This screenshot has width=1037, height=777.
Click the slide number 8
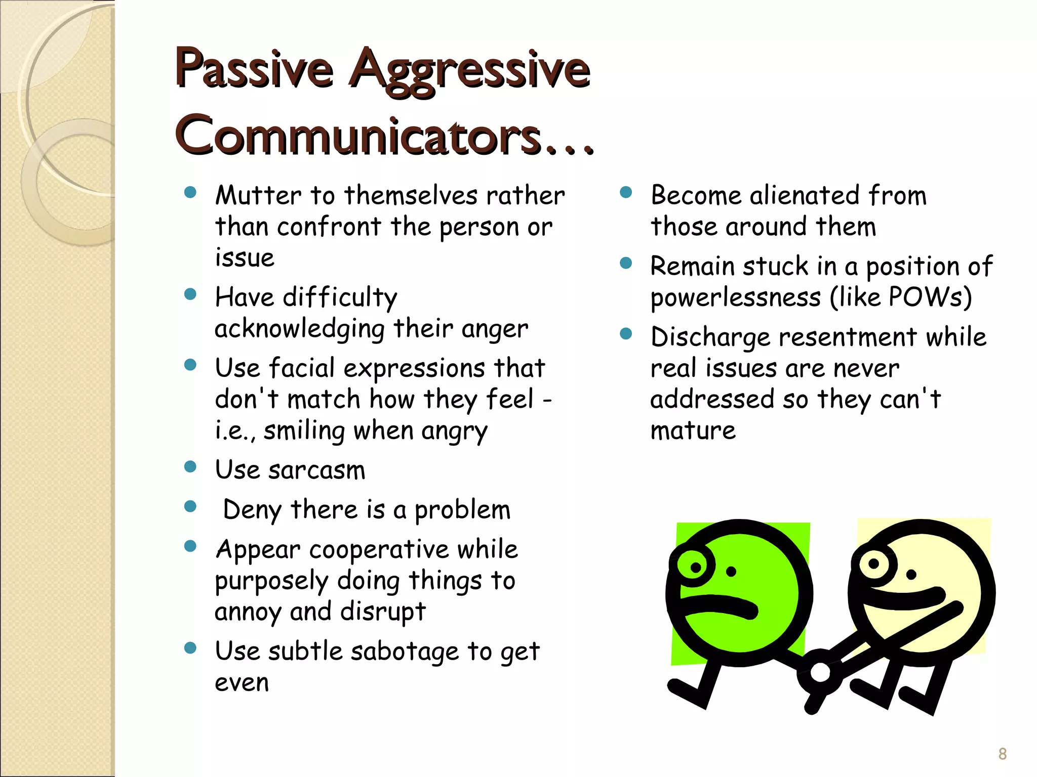[x=1002, y=754]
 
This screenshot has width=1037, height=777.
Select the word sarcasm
[x=316, y=470]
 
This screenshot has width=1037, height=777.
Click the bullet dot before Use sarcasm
[x=190, y=466]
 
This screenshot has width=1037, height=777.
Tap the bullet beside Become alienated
[x=626, y=192]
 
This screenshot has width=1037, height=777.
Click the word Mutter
[x=258, y=196]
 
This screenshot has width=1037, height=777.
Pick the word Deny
[x=252, y=510]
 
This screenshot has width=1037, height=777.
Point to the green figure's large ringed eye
[x=695, y=567]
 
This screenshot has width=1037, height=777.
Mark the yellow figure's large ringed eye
[x=874, y=563]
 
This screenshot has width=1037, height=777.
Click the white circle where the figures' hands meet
[x=820, y=673]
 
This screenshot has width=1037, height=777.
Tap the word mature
[x=693, y=431]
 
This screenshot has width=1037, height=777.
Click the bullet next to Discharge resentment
[x=626, y=334]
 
